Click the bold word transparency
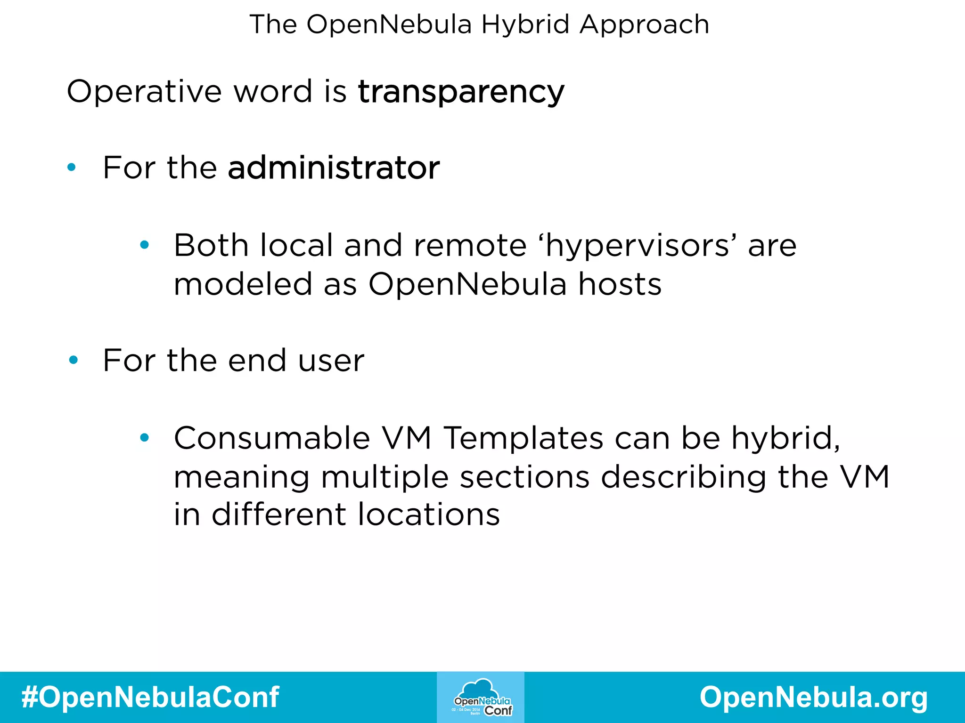coord(461,91)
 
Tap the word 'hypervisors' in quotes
coord(639,246)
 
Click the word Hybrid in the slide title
coord(525,24)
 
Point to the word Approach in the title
coord(644,24)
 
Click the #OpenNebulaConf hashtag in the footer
coord(150,697)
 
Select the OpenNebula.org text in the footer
coord(814,697)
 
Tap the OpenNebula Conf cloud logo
coord(481,697)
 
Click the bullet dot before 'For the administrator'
coord(72,167)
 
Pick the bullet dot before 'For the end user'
coord(73,361)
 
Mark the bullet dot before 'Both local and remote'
coord(144,245)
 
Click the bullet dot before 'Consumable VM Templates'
coord(144,438)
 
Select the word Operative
coord(144,91)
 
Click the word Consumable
coord(272,438)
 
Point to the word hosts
coord(620,284)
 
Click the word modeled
coord(243,284)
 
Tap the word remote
coord(470,246)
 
